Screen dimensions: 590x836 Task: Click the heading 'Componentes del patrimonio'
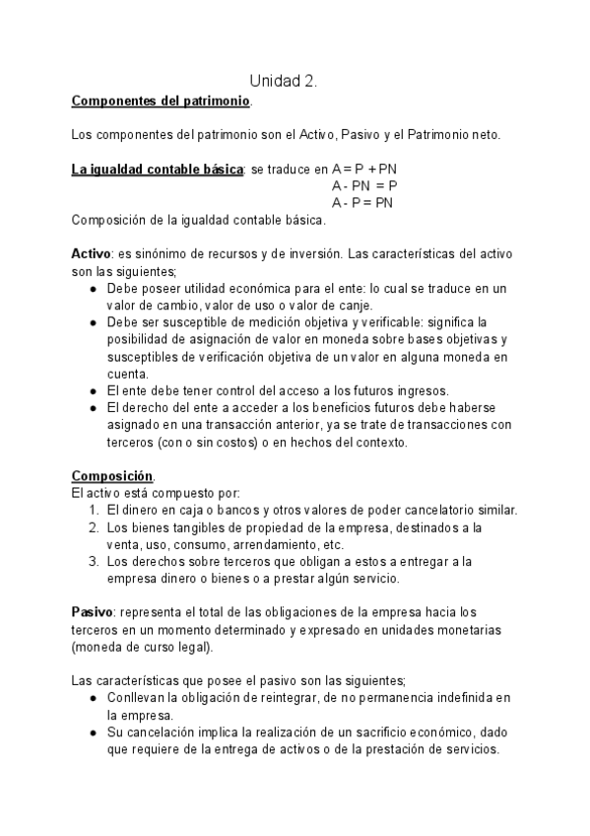point(162,101)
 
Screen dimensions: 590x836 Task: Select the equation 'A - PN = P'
point(364,185)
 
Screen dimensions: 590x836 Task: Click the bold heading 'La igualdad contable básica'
point(157,169)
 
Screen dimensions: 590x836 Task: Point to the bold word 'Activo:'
point(94,253)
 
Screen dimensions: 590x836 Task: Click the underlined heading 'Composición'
point(112,474)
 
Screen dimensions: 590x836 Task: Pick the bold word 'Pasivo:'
point(96,610)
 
